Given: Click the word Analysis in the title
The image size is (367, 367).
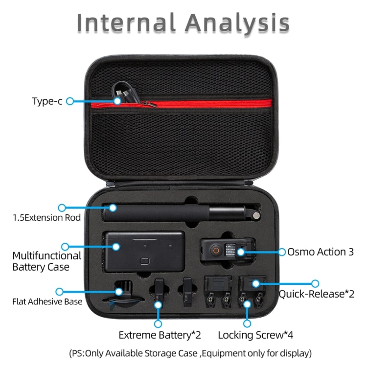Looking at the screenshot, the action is point(237,23).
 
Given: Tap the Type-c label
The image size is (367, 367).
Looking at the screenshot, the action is point(47,101).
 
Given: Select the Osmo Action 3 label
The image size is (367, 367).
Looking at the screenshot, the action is point(321,252).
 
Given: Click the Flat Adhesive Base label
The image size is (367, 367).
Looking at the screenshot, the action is point(47,301).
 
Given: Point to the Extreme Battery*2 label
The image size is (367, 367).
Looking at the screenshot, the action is point(160,335).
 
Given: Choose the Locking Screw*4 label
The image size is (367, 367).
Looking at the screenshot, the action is point(255,335).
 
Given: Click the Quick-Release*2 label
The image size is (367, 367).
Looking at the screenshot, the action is point(317,294).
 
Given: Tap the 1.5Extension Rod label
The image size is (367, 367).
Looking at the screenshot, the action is point(46,218).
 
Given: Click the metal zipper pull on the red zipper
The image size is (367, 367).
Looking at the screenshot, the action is point(149,104).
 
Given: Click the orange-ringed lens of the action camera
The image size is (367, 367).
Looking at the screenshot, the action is point(216,251).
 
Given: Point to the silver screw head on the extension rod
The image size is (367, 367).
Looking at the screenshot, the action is point(256,216).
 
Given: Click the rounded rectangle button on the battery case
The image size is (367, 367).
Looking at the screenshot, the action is point(145,261).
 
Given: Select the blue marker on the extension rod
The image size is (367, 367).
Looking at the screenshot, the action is point(113,207).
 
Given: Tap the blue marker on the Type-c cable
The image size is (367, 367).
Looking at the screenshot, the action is point(117,101).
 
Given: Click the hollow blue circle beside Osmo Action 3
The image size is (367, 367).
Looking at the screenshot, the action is point(282,252).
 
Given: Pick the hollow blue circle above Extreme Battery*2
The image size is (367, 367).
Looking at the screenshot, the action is point(158,324).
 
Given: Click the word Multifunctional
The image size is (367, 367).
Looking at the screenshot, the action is point(47,256).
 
